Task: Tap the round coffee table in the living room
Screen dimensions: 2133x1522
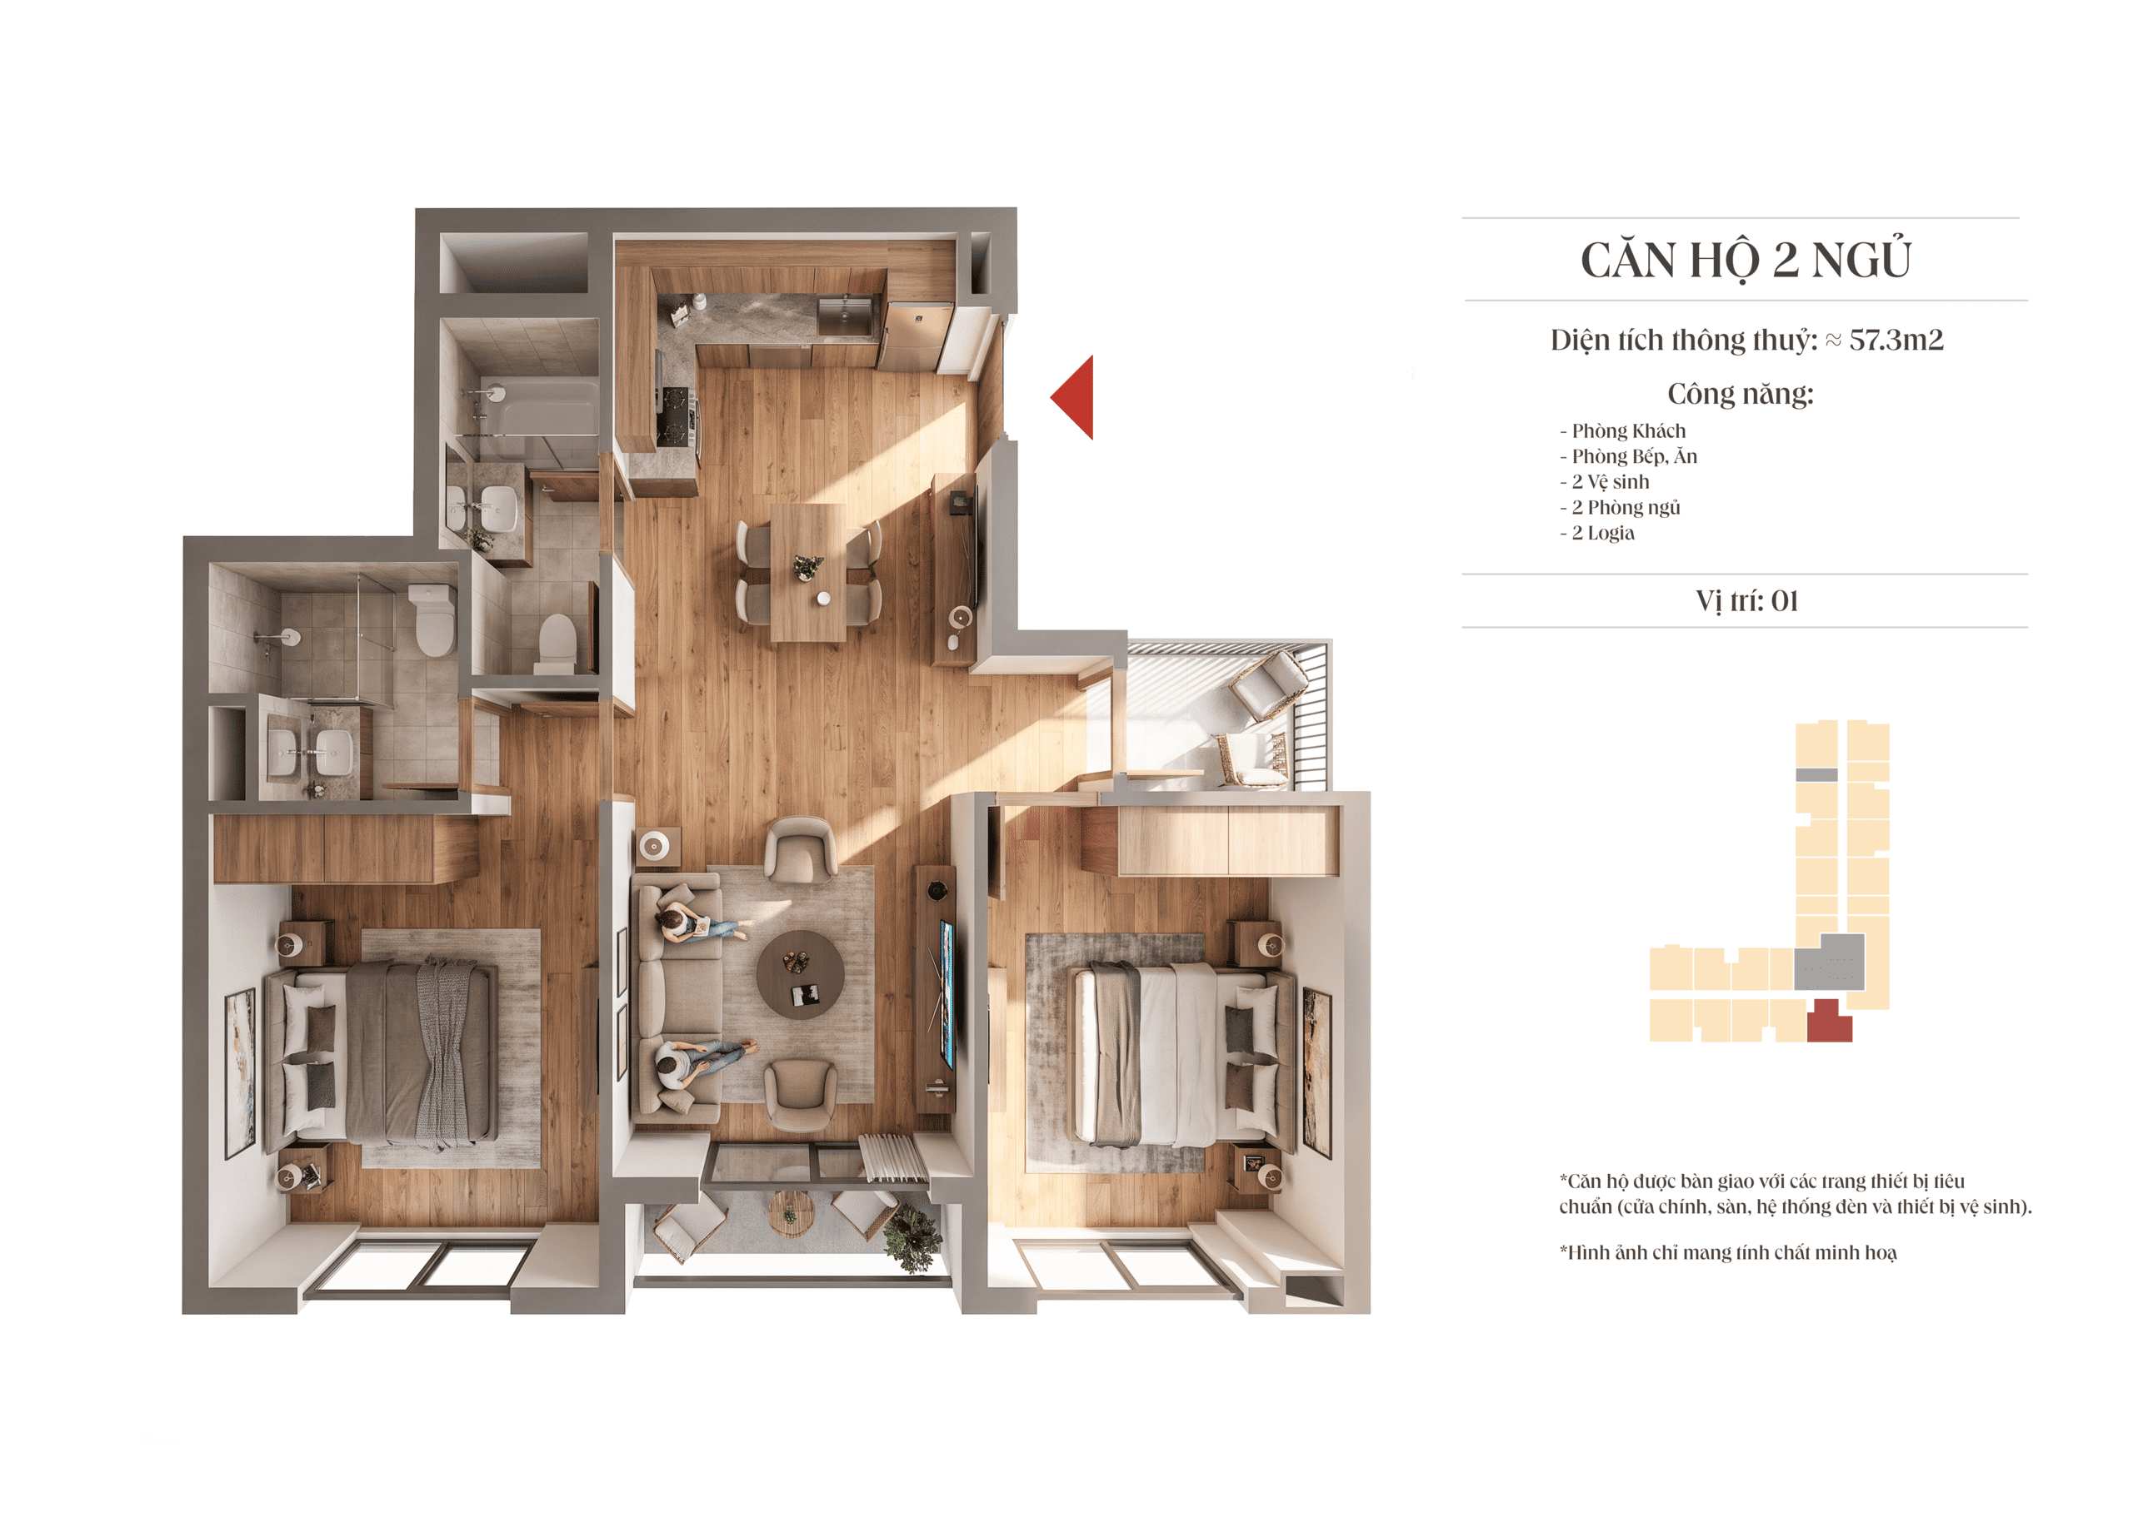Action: point(800,975)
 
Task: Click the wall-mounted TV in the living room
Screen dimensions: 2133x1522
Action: point(947,994)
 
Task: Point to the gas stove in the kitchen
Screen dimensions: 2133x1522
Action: point(676,416)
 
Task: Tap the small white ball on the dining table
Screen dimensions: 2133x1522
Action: point(823,598)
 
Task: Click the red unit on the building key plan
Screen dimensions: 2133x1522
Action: point(1828,1022)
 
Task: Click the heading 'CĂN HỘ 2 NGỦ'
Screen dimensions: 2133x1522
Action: point(1746,260)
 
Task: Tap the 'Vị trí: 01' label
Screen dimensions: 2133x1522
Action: point(1746,601)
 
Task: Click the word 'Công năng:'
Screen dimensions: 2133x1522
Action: point(1741,394)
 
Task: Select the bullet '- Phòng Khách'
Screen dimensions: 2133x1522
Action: point(1622,431)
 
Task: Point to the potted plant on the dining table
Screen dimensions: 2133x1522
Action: point(807,566)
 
